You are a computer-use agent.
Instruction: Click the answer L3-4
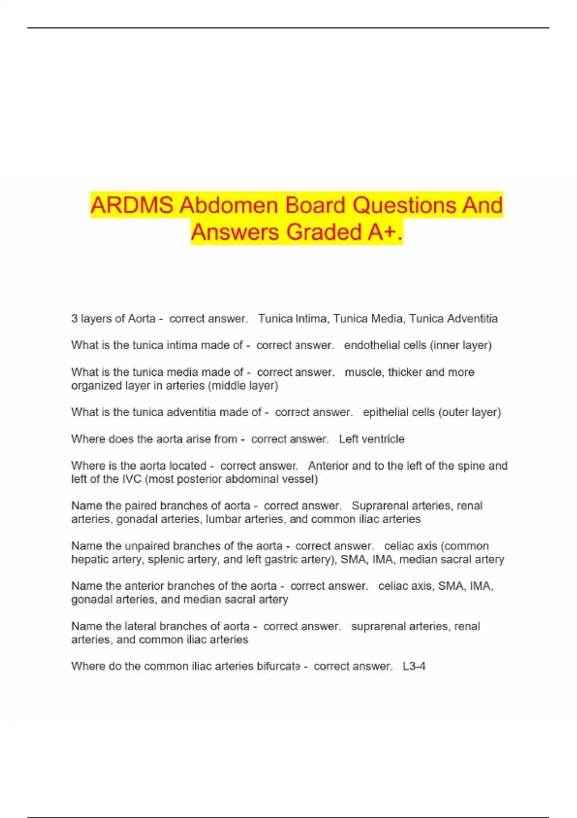[x=414, y=666]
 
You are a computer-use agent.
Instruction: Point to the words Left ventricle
[x=372, y=439]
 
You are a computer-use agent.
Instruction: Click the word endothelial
[x=367, y=345]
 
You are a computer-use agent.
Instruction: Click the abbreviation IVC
[x=132, y=479]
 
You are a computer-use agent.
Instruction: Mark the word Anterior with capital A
[x=328, y=466]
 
